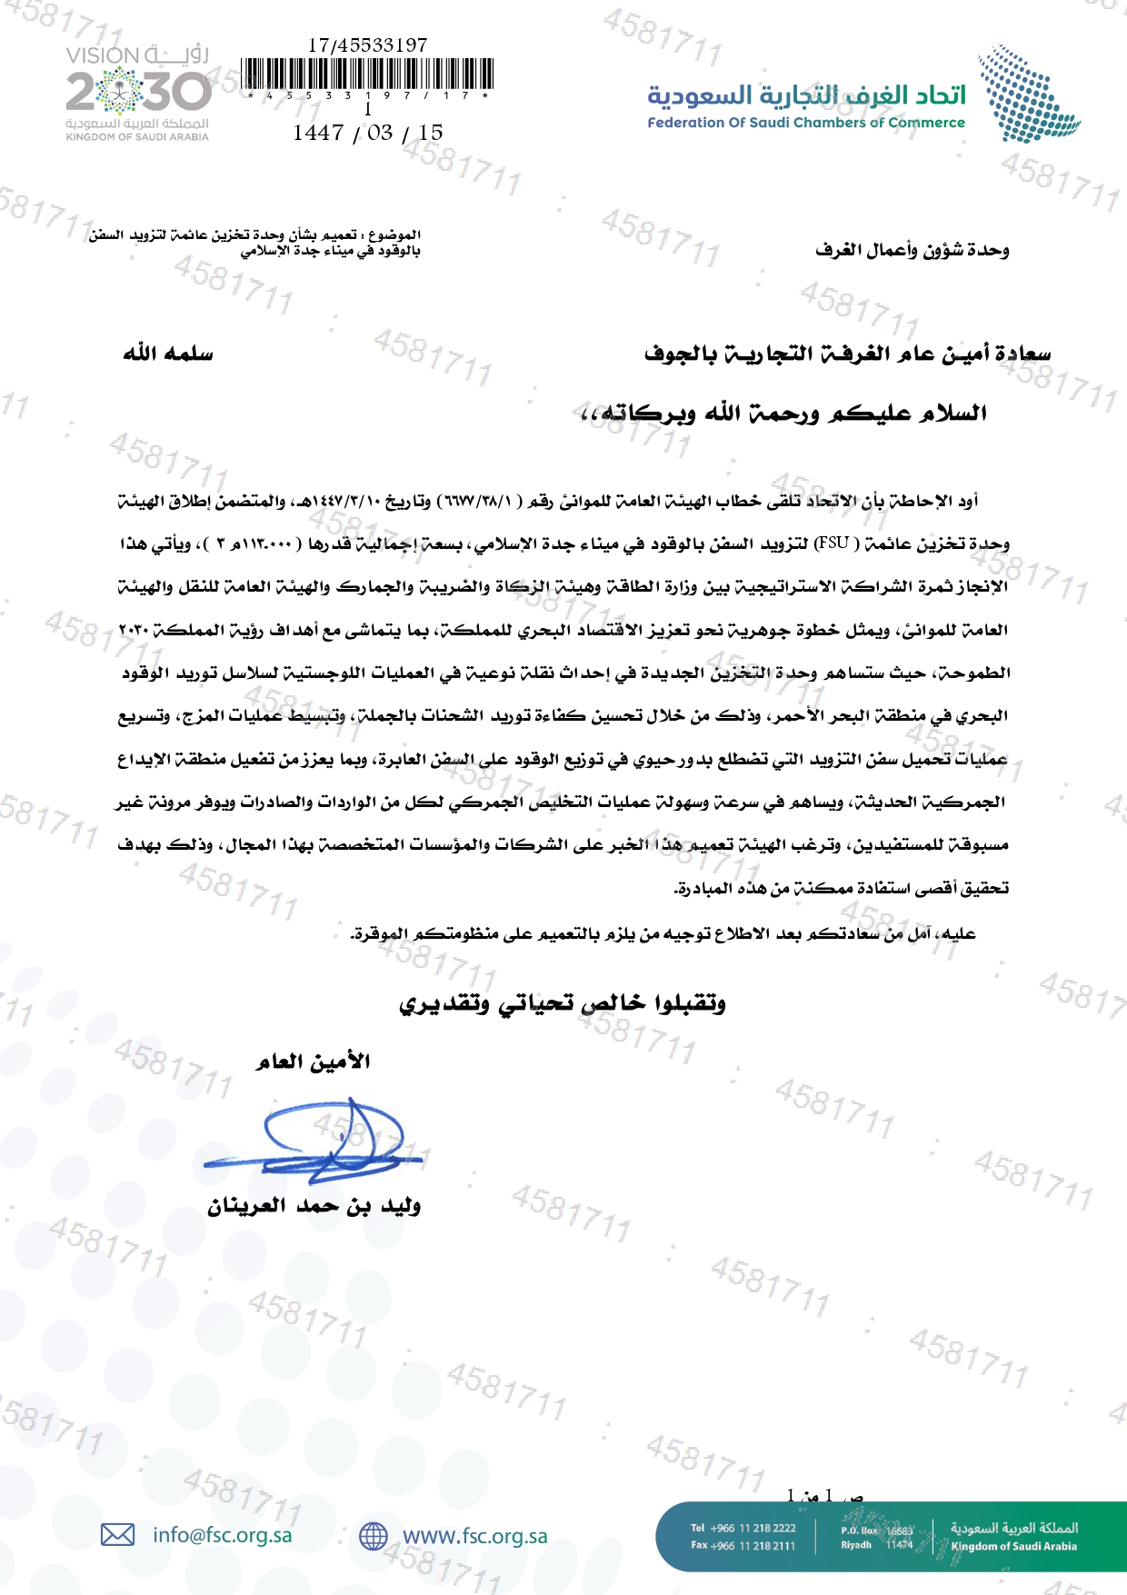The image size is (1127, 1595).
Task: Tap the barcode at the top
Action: (368, 74)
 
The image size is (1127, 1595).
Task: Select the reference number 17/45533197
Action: (367, 45)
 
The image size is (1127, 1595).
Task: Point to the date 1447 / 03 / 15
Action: (368, 133)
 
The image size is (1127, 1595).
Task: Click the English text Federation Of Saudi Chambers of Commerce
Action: (806, 123)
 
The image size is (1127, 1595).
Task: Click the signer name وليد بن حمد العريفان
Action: (314, 1206)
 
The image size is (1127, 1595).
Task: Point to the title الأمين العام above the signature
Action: (314, 1062)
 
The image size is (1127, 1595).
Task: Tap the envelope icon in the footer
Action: (117, 1535)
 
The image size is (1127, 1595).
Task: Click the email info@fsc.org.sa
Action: (223, 1535)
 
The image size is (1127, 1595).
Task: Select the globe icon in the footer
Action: (374, 1536)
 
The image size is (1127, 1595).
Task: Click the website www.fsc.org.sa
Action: (475, 1536)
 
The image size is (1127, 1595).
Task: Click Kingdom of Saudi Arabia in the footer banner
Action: (1013, 1546)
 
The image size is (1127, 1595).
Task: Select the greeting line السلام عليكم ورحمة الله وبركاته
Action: (783, 414)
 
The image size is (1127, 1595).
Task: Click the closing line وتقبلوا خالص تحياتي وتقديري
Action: (563, 1003)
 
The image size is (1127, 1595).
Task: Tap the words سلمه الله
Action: (168, 354)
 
